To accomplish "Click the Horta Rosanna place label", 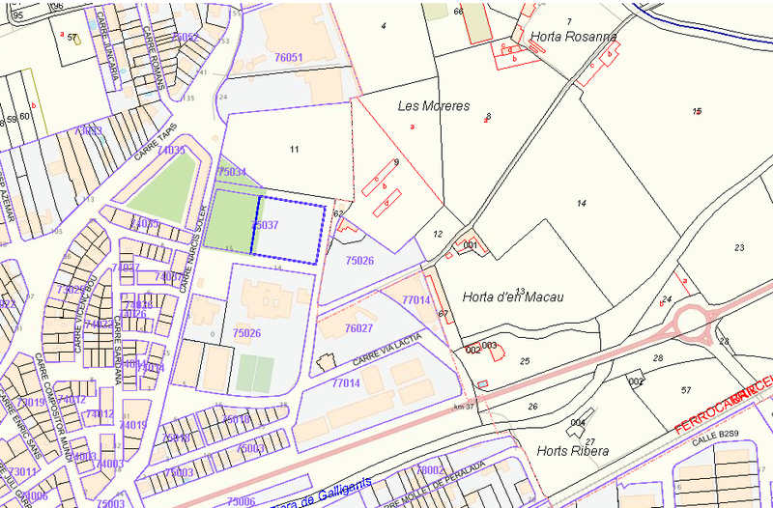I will point(573,37).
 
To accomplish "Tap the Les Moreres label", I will point(434,105).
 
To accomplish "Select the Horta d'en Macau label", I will point(512,296).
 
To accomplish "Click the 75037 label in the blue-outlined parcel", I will point(265,224).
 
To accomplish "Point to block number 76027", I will point(358,328).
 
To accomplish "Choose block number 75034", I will point(231,170).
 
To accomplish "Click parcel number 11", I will point(294,149).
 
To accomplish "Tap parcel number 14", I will point(581,203).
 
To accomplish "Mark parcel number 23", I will point(739,248).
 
